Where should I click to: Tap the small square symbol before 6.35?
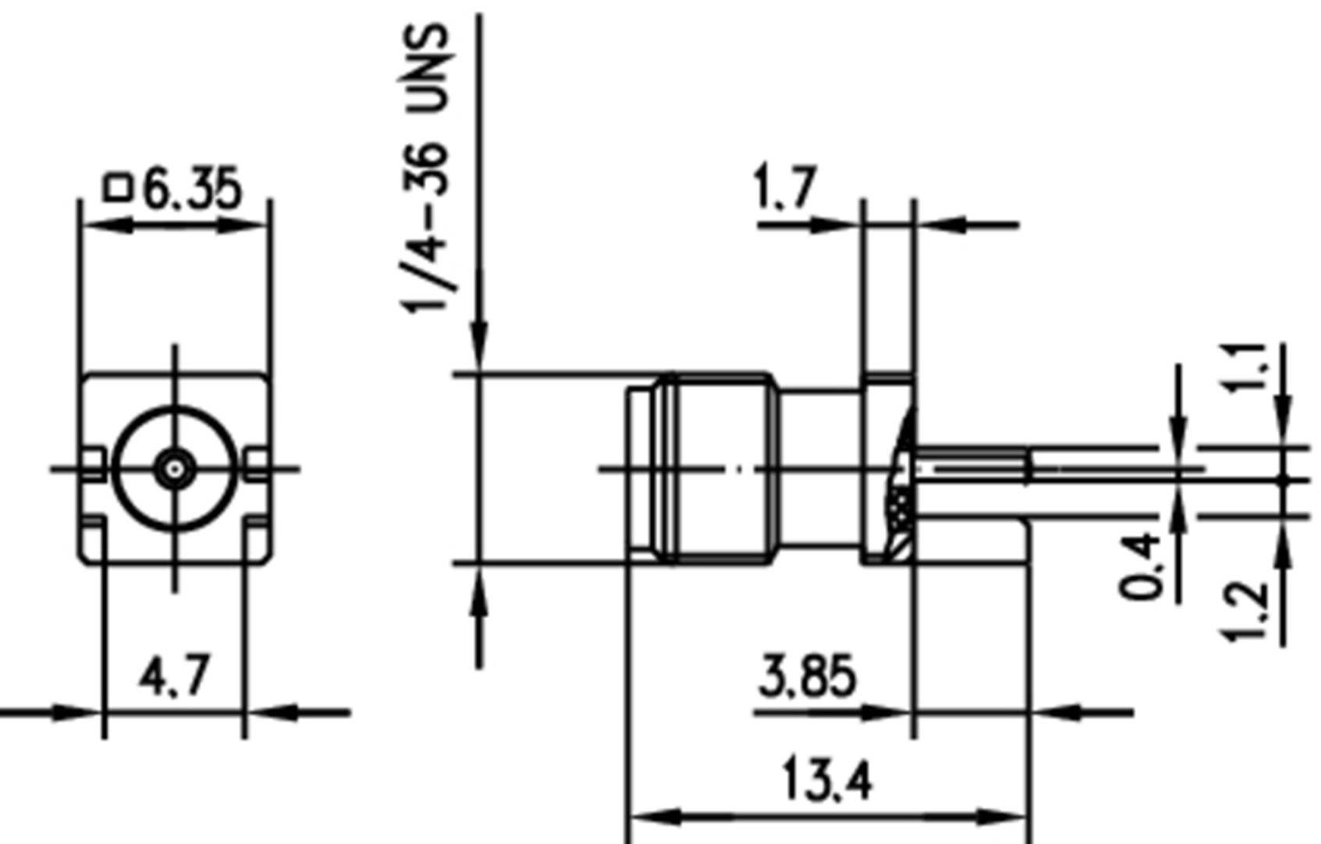click(118, 188)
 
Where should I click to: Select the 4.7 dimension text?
click(174, 676)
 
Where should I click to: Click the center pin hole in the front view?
click(174, 470)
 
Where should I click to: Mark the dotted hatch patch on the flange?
click(900, 505)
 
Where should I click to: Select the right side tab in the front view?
click(256, 463)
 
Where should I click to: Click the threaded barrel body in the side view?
click(722, 468)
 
